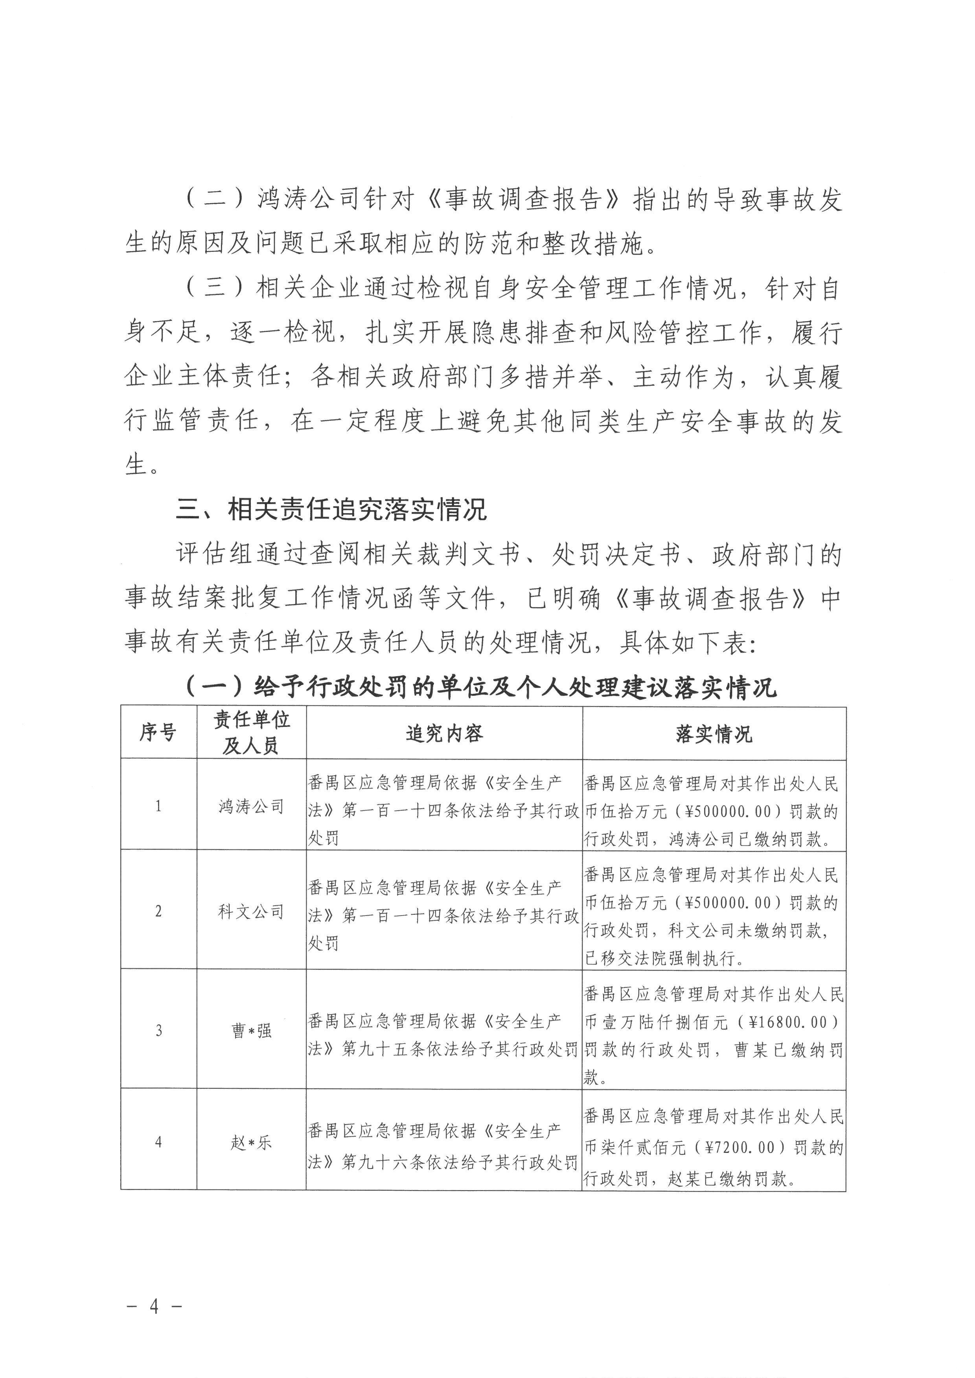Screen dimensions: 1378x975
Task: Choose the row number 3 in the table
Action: [x=158, y=1031]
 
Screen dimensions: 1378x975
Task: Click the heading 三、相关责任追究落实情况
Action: [x=331, y=510]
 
